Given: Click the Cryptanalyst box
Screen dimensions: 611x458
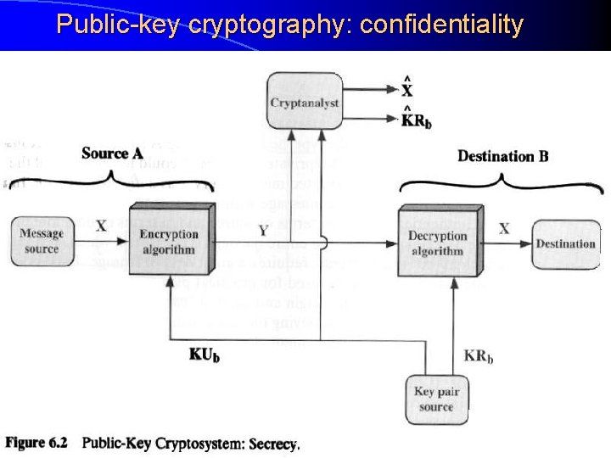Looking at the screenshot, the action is [x=305, y=103].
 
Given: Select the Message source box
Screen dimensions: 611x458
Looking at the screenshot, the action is [x=41, y=241].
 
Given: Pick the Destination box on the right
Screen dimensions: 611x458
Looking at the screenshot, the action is [x=565, y=243].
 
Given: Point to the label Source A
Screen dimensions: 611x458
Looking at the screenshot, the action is [x=112, y=154].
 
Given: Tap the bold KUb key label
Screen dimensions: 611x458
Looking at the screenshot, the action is [x=204, y=355].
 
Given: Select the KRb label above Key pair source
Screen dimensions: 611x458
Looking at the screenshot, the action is [x=479, y=356].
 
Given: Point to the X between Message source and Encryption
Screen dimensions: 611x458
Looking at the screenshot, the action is [x=101, y=226].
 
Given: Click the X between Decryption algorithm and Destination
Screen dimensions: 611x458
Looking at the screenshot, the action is [x=504, y=228].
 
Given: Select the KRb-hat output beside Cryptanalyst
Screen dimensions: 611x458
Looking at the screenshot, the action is [x=416, y=120].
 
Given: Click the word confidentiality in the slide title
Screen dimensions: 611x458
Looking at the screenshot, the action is [x=441, y=25].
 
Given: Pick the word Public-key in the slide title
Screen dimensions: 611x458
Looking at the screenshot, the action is [x=118, y=25].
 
